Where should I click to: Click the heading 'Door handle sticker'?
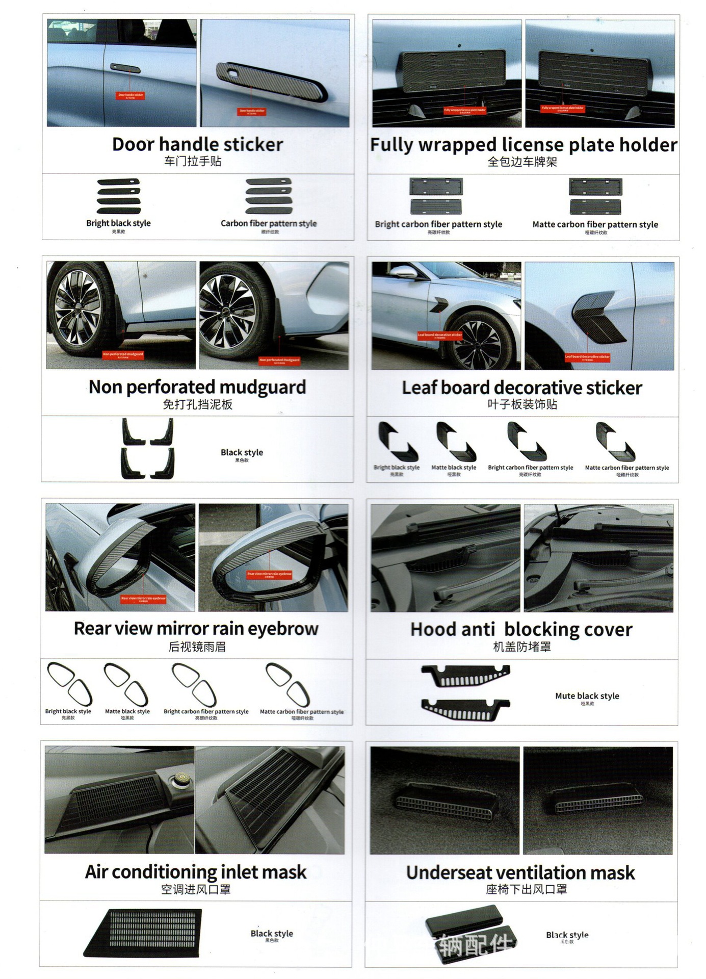click(x=197, y=144)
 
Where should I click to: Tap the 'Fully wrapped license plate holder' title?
click(x=524, y=145)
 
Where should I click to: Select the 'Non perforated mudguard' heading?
click(x=197, y=387)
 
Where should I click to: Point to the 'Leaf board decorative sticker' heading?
click(x=522, y=388)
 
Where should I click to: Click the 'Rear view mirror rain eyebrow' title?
click(x=196, y=629)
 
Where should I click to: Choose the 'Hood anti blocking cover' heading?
click(x=521, y=629)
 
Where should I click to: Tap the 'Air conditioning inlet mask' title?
click(x=196, y=872)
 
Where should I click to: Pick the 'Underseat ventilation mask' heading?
click(x=520, y=872)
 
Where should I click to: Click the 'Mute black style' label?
click(x=587, y=696)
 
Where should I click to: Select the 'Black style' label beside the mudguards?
click(x=242, y=452)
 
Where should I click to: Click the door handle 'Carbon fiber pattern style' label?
click(x=269, y=223)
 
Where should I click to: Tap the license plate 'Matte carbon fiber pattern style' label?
click(x=595, y=224)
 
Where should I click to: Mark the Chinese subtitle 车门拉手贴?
click(x=193, y=162)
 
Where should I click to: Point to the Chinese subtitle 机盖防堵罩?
click(x=522, y=647)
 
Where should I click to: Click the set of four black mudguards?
click(x=148, y=448)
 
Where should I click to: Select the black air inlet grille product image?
click(x=144, y=933)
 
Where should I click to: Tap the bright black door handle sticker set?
click(x=118, y=196)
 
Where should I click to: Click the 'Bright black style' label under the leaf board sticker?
click(x=397, y=467)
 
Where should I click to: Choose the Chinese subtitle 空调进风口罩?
click(x=196, y=890)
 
